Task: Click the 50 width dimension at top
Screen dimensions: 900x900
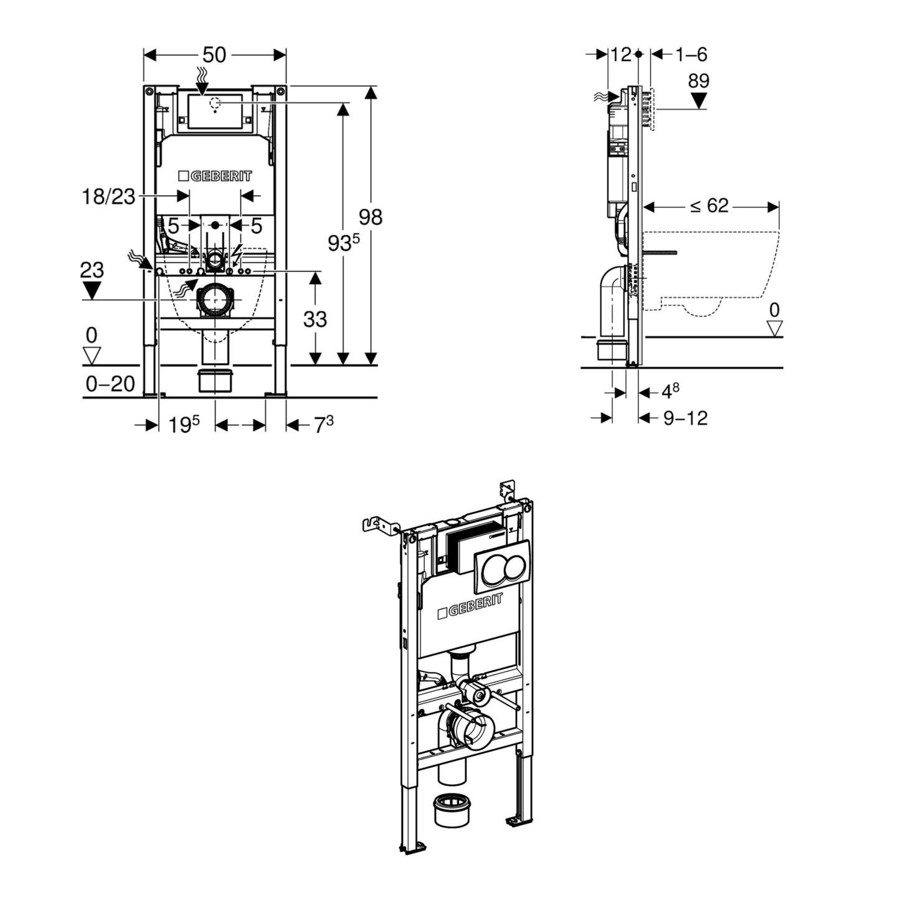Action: (214, 55)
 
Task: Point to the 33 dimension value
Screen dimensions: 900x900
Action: (315, 319)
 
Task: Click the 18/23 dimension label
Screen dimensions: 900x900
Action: (108, 197)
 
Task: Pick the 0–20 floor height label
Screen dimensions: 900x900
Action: (110, 384)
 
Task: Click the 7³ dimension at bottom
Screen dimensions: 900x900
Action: (323, 425)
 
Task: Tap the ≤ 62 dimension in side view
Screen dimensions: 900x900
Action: (709, 206)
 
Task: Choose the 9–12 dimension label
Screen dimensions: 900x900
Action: (685, 418)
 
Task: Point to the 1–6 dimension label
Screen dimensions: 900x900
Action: (691, 55)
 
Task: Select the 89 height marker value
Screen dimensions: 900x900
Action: (699, 81)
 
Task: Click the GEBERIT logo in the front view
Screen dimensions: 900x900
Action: (215, 176)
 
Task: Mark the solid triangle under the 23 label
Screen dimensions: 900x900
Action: (92, 290)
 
